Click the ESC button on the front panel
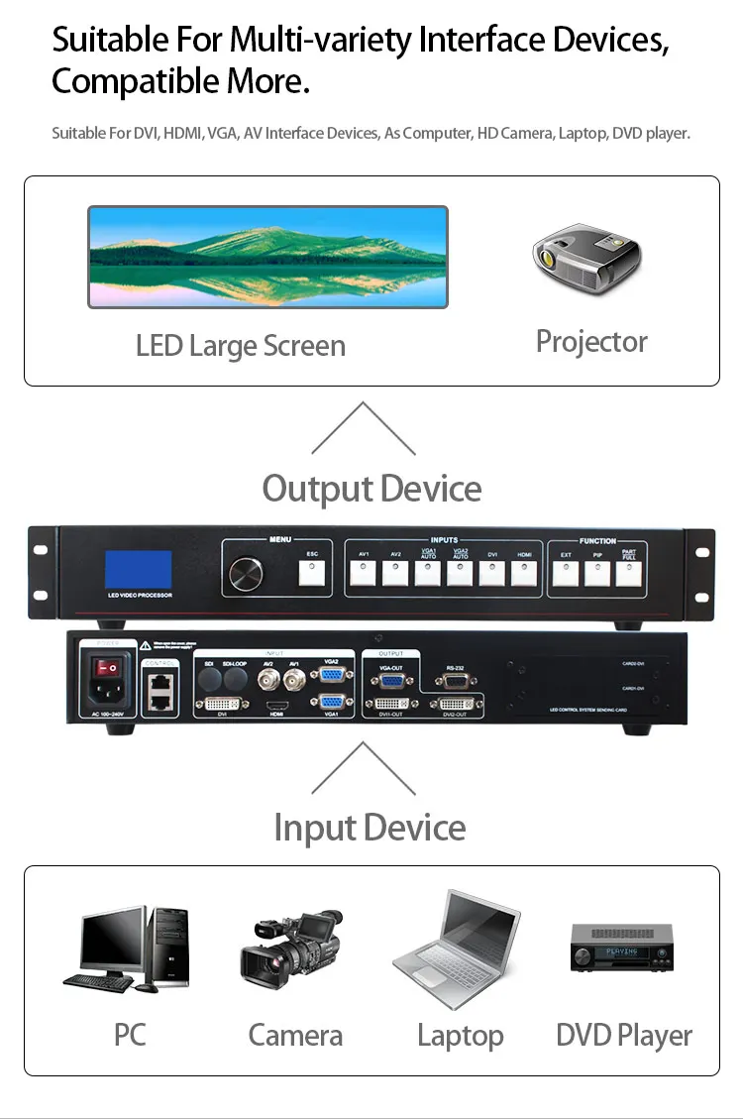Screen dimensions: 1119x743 point(312,572)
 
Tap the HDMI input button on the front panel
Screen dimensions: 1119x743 point(524,573)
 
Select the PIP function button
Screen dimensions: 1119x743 point(597,573)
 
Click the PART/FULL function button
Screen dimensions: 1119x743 point(628,573)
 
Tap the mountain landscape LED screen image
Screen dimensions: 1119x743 point(267,257)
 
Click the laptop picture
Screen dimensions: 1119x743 point(458,949)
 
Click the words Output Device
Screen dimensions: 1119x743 point(371,489)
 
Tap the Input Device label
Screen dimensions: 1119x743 point(370,828)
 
